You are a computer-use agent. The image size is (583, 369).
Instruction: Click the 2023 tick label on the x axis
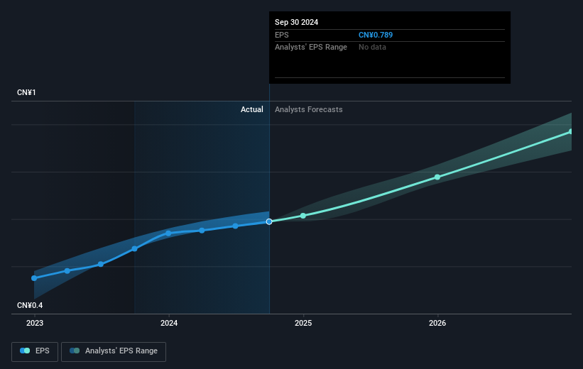click(34, 323)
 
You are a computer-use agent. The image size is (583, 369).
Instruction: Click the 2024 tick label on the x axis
click(168, 323)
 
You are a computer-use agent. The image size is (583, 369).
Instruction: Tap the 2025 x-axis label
click(303, 323)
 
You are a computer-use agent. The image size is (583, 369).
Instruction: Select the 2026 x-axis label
click(437, 323)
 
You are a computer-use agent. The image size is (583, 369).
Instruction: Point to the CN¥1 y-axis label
click(28, 93)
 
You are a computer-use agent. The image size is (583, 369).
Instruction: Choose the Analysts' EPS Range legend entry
click(114, 351)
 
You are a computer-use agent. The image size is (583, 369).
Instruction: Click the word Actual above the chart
click(251, 109)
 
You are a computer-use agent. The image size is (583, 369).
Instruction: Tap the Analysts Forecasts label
click(308, 109)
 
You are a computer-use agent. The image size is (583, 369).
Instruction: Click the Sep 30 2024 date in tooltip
click(297, 22)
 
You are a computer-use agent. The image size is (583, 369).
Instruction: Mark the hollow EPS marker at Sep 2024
click(269, 221)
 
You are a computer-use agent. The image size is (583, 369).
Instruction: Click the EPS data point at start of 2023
click(34, 278)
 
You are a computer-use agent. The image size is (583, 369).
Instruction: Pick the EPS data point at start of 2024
click(168, 233)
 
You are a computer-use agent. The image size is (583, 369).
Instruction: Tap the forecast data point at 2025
click(303, 216)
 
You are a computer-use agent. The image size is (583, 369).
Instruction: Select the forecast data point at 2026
click(437, 177)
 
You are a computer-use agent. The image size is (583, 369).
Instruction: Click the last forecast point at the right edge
click(570, 131)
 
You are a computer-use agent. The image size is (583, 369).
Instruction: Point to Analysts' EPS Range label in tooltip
click(311, 47)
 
